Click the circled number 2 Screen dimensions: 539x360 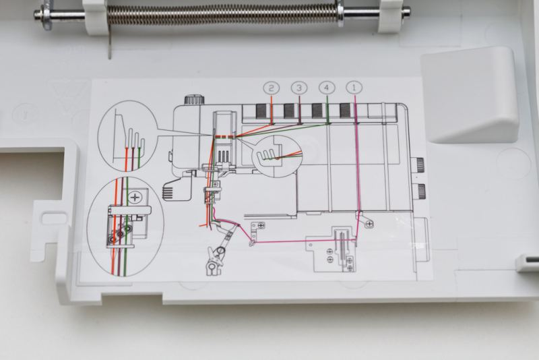[x=272, y=88]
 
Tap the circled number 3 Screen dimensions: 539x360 [x=299, y=88]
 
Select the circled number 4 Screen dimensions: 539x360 [x=327, y=88]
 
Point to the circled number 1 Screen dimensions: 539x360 [x=354, y=88]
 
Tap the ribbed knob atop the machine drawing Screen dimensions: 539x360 [x=195, y=100]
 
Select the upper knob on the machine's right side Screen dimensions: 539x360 [x=418, y=164]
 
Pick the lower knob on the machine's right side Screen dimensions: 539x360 [x=419, y=191]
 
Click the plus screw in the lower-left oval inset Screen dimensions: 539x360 [x=137, y=198]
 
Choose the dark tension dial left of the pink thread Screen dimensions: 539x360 [x=345, y=111]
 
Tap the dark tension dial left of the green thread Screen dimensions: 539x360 [x=317, y=111]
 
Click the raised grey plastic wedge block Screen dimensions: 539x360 [x=469, y=94]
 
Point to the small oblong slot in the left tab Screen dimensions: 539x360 [x=53, y=218]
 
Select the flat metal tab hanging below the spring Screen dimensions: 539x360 [x=110, y=42]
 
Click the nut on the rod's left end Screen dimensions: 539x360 [x=46, y=15]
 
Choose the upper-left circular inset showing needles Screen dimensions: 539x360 [x=127, y=136]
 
